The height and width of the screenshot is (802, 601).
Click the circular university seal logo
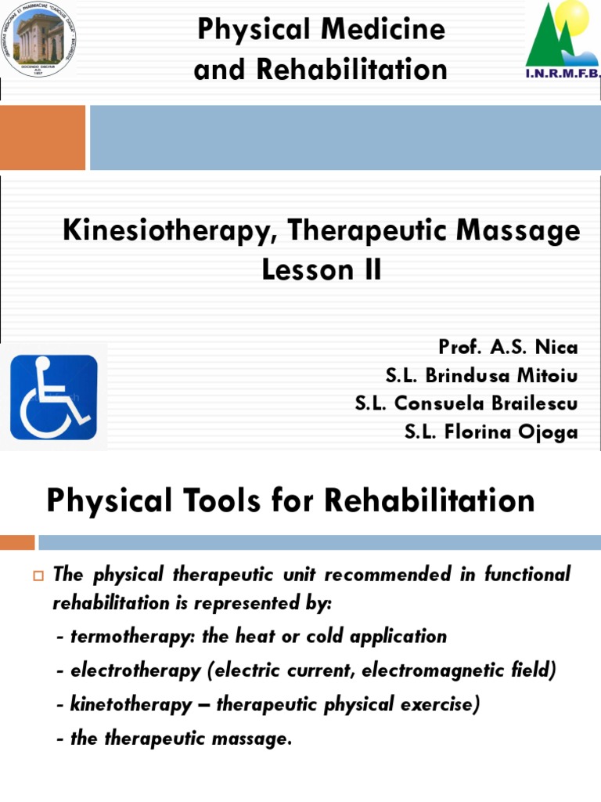(39, 40)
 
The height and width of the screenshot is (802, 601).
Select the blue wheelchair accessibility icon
(53, 397)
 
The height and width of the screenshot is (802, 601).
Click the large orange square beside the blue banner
(42, 138)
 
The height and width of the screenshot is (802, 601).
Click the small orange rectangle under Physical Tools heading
(17, 542)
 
